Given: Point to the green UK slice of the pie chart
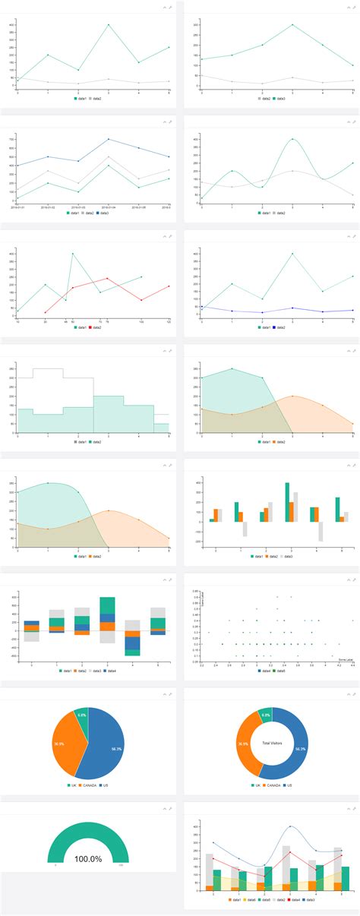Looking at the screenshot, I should pos(81,715).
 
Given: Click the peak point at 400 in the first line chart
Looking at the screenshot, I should pos(109,24).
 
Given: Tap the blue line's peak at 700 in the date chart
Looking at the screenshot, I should pos(109,139).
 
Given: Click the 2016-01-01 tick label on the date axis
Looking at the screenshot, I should pos(18,206).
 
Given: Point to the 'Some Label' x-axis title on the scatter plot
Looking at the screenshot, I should pos(346,660).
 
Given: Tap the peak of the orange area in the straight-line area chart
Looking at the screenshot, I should pos(292,396).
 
